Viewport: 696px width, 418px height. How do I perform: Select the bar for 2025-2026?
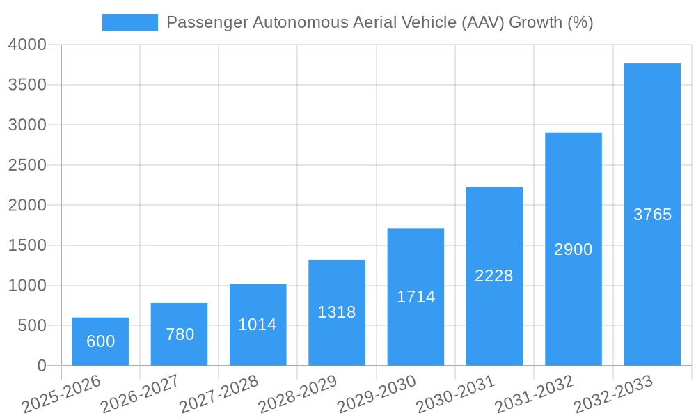tap(100, 341)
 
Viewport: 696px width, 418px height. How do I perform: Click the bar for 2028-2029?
tap(337, 313)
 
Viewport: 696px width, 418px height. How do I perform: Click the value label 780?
tap(180, 334)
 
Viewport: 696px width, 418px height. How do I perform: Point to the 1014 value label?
tap(258, 325)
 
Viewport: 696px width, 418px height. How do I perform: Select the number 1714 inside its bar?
tap(416, 297)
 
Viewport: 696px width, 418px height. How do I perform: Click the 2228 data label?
tap(494, 276)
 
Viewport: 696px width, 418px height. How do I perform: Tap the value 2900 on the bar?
tap(573, 249)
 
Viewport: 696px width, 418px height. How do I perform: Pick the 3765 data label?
tap(652, 215)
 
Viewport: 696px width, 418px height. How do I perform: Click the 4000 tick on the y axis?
tap(27, 45)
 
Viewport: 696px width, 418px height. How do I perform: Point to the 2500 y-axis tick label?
tap(27, 165)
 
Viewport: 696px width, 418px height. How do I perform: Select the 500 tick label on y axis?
tap(32, 325)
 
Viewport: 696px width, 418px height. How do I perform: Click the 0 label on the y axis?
tap(42, 366)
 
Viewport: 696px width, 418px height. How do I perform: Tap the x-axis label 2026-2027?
tap(140, 394)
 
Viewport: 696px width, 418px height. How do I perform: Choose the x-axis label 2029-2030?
tap(377, 394)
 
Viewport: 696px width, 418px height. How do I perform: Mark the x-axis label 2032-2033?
tap(613, 394)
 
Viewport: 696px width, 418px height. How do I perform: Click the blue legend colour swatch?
tap(130, 22)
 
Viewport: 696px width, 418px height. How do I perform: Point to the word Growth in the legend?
tap(535, 22)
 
